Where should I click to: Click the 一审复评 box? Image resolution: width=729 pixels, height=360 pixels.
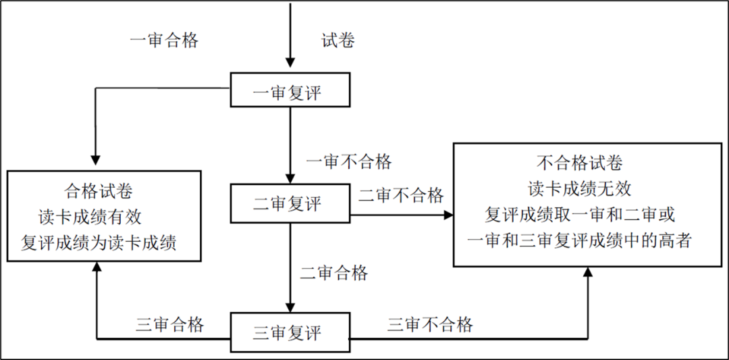(290, 91)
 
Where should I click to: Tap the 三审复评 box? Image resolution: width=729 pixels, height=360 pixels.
(290, 332)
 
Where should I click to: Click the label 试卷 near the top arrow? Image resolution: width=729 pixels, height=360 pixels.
(337, 41)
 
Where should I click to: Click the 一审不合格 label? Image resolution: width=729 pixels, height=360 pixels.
(348, 162)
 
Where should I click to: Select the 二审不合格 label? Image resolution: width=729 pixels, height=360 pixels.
(401, 196)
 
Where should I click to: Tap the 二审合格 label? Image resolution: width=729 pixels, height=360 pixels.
(334, 273)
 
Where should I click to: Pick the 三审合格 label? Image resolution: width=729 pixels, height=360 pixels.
(170, 324)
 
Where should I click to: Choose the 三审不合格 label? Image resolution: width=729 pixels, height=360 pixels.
(430, 324)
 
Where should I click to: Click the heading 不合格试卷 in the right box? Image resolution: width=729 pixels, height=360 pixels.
(579, 163)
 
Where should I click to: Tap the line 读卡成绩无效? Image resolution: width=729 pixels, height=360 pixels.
(579, 188)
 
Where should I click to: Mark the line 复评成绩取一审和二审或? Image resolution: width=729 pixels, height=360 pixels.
(580, 214)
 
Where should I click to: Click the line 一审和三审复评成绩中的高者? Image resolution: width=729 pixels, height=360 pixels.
(579, 240)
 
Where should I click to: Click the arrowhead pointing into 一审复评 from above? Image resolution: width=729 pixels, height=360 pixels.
(290, 63)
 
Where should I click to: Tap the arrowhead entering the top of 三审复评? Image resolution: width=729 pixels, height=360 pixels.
(290, 305)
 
